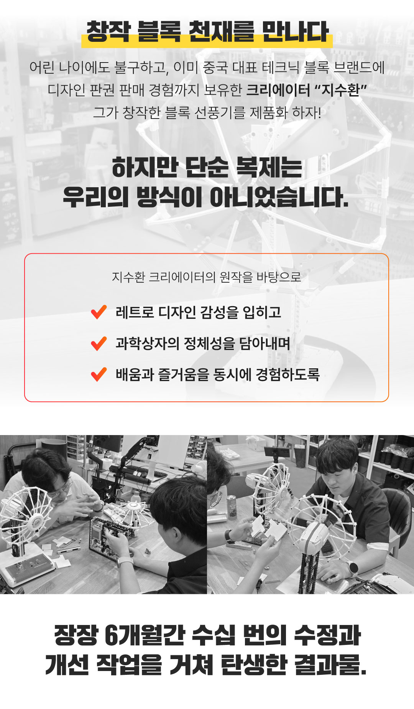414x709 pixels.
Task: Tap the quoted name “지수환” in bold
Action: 340,90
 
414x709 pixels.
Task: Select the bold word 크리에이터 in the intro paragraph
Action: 278,90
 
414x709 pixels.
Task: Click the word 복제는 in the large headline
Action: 269,167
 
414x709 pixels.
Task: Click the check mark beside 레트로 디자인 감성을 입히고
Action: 99,312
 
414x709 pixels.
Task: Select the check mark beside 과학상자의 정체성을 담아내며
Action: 99,343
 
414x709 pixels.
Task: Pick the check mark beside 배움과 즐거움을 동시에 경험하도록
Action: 99,374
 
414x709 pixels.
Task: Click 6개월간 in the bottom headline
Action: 145,635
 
